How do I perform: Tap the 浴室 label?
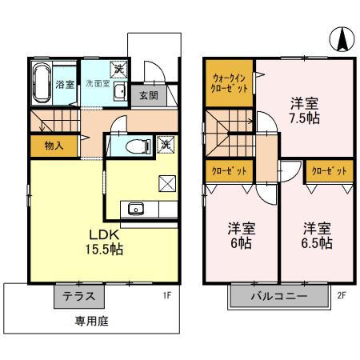(x=65, y=84)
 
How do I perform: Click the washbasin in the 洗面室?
(x=118, y=92)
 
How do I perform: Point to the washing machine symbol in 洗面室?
(x=118, y=70)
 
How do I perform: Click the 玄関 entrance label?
(x=147, y=94)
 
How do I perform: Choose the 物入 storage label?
(x=54, y=146)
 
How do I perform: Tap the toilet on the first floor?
(x=137, y=146)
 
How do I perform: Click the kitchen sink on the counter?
(x=135, y=210)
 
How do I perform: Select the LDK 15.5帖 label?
(x=105, y=242)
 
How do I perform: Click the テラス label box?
(x=79, y=295)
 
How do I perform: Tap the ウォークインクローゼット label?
(x=230, y=82)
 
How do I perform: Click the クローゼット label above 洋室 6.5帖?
(x=328, y=171)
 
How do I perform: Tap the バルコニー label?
(x=280, y=295)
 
